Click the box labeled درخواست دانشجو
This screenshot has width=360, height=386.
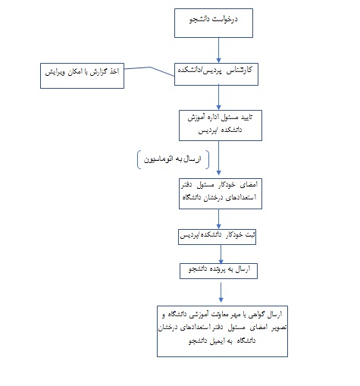214,23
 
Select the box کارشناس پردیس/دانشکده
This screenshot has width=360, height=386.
216,74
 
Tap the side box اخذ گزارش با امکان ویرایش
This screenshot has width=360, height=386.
82,76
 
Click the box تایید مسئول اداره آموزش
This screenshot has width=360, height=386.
221,125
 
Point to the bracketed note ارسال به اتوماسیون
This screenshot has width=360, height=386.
173,159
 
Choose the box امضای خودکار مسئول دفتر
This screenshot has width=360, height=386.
221,193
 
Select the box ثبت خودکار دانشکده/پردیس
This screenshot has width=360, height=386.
217,237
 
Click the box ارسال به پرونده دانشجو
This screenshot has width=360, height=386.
218,271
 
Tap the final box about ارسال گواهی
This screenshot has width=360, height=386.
222,331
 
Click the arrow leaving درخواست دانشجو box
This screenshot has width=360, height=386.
219,50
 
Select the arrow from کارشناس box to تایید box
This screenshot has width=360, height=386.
219,98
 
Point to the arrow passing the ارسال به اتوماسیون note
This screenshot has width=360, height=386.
219,158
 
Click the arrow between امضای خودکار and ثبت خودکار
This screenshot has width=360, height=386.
219,219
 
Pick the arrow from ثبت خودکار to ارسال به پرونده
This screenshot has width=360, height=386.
221,254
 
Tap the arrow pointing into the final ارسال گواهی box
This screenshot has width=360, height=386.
221,293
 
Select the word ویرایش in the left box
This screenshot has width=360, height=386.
55,72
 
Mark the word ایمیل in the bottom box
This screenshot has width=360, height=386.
217,341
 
